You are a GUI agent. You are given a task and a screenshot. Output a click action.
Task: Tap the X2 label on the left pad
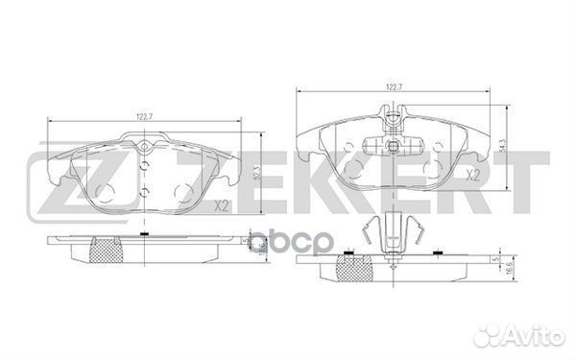click(x=221, y=205)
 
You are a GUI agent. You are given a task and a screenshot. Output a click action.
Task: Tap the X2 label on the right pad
click(x=472, y=176)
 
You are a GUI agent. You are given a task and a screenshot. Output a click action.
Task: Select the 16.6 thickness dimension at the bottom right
click(x=512, y=274)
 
